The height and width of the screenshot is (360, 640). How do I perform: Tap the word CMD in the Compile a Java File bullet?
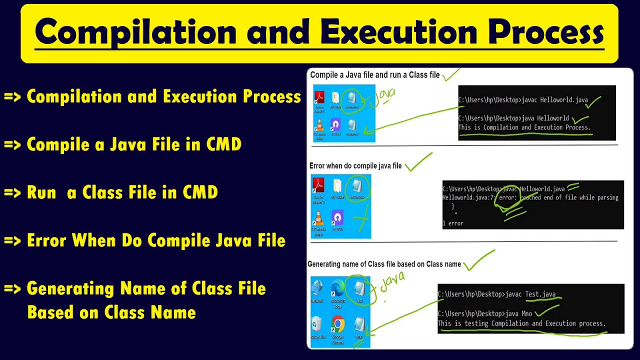coord(223,144)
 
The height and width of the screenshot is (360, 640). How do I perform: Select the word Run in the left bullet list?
coord(41,192)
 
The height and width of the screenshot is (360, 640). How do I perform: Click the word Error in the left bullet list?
coord(47,240)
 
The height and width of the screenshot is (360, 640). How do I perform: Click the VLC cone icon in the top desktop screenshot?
coord(319,125)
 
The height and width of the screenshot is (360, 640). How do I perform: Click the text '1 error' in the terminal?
coord(453,223)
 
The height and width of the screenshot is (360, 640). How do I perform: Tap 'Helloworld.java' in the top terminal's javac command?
coord(564,100)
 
